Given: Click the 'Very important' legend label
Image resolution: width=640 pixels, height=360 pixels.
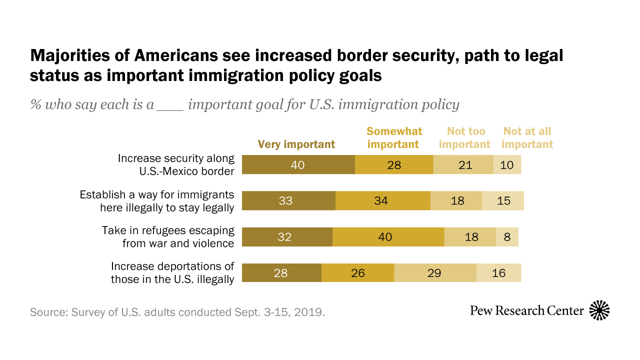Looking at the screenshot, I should coord(296,144).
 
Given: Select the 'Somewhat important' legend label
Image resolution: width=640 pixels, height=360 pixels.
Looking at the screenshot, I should coord(394,138).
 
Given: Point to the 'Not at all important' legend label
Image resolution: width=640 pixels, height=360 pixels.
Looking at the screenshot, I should coord(527,138).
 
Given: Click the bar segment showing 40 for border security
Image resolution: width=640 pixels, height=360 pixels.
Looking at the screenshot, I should coord(298,164).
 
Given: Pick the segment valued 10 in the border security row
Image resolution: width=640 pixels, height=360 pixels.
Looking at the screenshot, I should coord(507,164).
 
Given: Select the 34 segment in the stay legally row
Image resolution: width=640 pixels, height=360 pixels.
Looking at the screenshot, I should coord(382,200).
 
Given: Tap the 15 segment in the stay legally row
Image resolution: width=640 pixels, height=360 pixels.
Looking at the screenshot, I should coord(502,200).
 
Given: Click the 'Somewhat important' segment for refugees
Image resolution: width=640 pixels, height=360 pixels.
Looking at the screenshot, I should coord(388,237).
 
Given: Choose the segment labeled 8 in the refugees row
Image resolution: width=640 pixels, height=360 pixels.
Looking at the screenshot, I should coord(507,237).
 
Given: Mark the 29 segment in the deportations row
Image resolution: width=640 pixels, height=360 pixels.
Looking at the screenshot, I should coord(435,273).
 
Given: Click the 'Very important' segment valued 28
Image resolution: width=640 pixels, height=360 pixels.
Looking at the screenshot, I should coord(281,273).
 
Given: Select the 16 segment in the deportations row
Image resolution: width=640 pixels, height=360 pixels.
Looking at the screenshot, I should coord(498,273).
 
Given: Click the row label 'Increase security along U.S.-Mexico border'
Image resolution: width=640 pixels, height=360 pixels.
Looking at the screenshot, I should coord(176,164).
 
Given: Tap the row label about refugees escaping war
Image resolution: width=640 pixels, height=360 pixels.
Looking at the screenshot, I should coord(168,237).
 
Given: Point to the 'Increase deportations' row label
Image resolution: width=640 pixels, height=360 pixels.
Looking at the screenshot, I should coord(172,273).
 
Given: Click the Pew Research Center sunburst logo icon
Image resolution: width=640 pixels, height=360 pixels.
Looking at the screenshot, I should coord(599,310).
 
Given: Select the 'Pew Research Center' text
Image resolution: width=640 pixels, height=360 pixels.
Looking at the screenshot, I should coord(526,311).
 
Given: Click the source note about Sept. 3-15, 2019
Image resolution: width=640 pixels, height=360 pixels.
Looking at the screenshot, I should coord(177,312).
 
